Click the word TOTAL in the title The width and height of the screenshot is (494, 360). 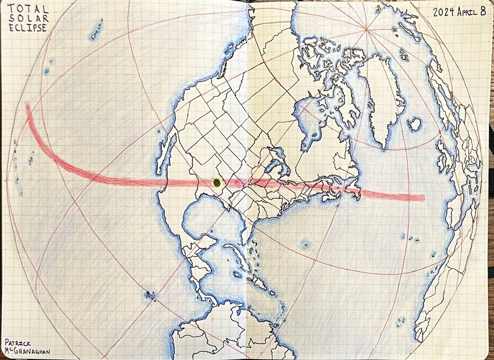click(x=28, y=9)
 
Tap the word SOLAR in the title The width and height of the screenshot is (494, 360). click(x=28, y=18)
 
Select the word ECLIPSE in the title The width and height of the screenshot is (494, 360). click(x=28, y=28)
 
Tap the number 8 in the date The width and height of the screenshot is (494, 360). click(x=483, y=11)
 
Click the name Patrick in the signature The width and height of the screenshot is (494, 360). click(x=18, y=342)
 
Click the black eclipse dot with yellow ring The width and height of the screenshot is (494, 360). click(x=217, y=183)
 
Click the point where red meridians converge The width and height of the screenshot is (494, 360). click(x=366, y=31)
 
